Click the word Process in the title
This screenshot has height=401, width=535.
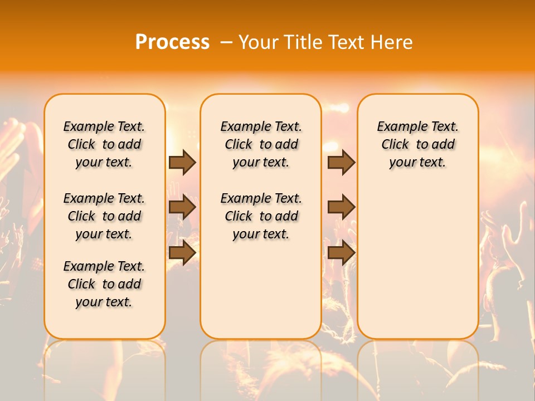coord(172,42)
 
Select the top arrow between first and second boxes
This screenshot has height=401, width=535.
coord(182,163)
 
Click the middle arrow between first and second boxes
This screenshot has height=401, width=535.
coord(182,208)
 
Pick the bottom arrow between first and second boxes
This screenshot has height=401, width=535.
coord(182,253)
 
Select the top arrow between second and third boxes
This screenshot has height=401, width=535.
coord(341,163)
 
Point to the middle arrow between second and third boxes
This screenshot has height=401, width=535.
coord(341,208)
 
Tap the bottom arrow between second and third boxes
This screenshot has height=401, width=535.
coord(341,253)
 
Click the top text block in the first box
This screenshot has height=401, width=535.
coord(104,144)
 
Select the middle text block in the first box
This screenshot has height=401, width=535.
coord(104,216)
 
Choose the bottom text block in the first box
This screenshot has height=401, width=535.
coord(104,284)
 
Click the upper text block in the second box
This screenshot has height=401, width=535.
coord(261,144)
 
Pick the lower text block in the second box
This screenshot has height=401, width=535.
coord(261,216)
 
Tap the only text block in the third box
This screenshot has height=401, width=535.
coord(417,144)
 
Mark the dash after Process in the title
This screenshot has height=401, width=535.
coord(226,42)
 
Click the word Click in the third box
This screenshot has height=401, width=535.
coord(395,145)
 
